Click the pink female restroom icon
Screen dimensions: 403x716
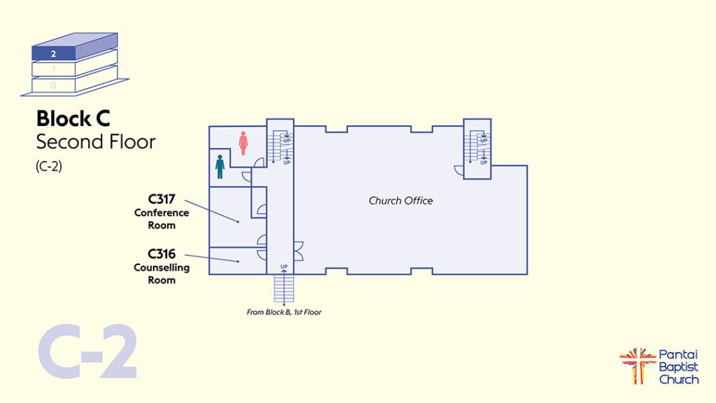coord(243,143)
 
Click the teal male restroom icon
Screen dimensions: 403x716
coord(220,167)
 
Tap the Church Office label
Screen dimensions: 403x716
coord(401,201)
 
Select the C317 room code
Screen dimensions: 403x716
coord(162,199)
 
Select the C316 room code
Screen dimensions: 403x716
coord(162,254)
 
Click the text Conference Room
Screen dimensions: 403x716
coord(162,219)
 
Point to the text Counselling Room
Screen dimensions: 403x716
coord(162,274)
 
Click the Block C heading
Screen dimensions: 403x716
coord(73,119)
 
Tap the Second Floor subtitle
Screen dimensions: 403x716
coord(95,142)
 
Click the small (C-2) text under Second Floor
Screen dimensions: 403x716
coord(49,167)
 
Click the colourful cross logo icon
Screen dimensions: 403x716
coord(637,365)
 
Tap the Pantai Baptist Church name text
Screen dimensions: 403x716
coord(678,367)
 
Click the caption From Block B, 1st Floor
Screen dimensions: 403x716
coord(284,312)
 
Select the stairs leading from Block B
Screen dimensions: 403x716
coord(284,288)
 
